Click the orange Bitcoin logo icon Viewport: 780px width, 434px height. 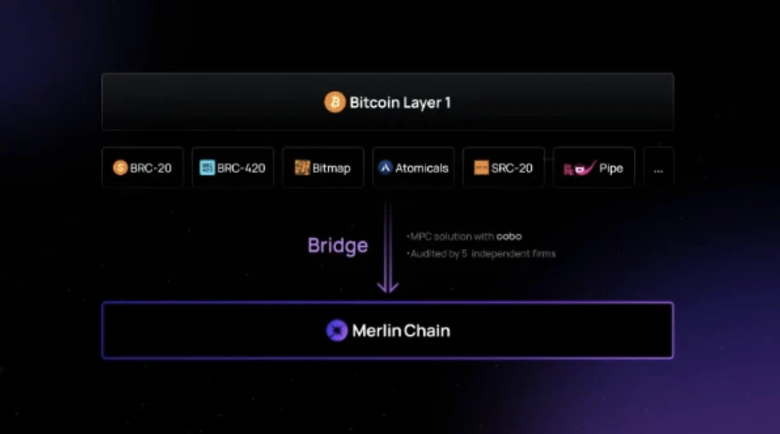pyautogui.click(x=335, y=102)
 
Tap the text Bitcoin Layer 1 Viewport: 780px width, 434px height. pyautogui.click(x=400, y=103)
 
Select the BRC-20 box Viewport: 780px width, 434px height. pyautogui.click(x=143, y=167)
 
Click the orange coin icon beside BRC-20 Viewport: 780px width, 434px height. pyautogui.click(x=120, y=167)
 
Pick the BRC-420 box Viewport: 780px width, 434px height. pyautogui.click(x=233, y=167)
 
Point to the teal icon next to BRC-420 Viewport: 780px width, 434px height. pyautogui.click(x=207, y=167)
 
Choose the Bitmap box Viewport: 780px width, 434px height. pyautogui.click(x=323, y=167)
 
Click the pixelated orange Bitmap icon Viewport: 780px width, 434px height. pyautogui.click(x=302, y=167)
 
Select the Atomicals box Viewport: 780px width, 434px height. pyautogui.click(x=414, y=167)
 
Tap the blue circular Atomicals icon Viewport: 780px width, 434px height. pyautogui.click(x=385, y=167)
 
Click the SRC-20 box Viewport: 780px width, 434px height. pyautogui.click(x=504, y=167)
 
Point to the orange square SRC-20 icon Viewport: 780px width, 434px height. pyautogui.click(x=481, y=167)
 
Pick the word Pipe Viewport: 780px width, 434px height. pyautogui.click(x=611, y=169)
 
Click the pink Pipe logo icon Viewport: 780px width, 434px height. pyautogui.click(x=580, y=168)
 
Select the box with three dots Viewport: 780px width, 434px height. pyautogui.click(x=659, y=167)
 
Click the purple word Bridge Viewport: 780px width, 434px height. pyautogui.click(x=338, y=246)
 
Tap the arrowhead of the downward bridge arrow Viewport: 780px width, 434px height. pyautogui.click(x=387, y=287)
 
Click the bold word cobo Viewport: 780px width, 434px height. pyautogui.click(x=509, y=237)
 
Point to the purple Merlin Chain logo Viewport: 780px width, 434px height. pyautogui.click(x=337, y=331)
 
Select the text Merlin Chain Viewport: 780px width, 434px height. pyautogui.click(x=401, y=331)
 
